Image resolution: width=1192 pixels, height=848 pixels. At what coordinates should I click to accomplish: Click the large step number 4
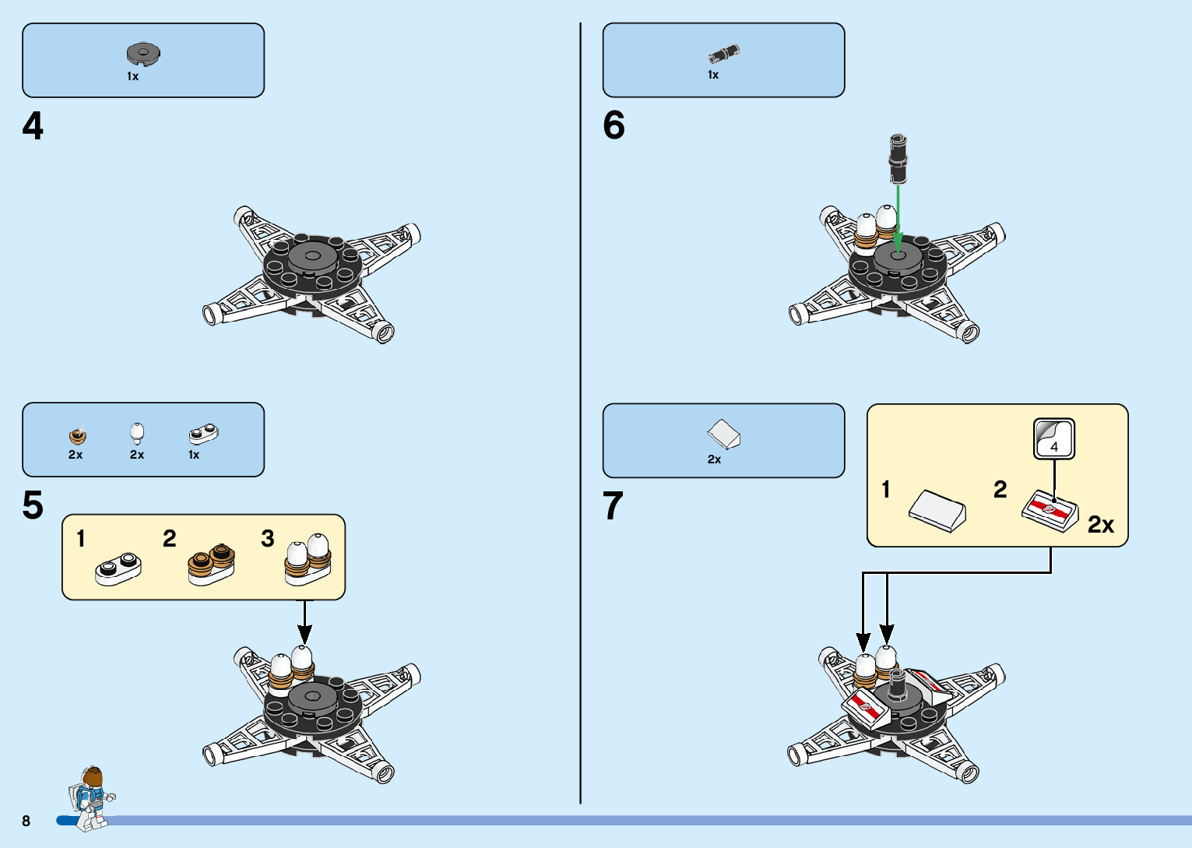(33, 126)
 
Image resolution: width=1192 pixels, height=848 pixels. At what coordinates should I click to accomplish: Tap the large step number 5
(33, 505)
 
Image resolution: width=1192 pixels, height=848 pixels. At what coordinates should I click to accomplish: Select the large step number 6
(614, 125)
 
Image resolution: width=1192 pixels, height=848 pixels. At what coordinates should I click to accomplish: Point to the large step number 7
(613, 506)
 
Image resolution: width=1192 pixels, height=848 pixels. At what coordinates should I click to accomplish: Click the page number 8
(26, 821)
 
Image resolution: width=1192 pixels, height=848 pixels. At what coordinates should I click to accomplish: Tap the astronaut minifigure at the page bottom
(90, 797)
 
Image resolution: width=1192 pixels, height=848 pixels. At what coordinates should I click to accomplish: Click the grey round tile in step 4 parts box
(143, 54)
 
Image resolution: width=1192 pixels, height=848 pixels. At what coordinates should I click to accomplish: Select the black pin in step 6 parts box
(723, 55)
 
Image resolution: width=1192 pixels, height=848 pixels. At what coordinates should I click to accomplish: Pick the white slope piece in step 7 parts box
(724, 435)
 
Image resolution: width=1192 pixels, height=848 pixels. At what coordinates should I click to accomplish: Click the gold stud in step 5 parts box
(77, 435)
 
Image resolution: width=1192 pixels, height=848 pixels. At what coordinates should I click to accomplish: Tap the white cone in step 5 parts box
(137, 432)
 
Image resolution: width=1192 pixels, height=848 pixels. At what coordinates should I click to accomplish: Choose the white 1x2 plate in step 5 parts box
(203, 434)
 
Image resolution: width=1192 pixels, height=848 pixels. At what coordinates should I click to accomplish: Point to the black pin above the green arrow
(898, 158)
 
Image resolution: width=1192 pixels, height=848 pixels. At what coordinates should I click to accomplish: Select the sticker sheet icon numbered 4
(1053, 439)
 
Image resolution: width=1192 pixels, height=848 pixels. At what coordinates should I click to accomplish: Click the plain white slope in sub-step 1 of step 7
(937, 509)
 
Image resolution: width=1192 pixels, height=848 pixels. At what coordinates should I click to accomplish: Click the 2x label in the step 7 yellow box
(1100, 525)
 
